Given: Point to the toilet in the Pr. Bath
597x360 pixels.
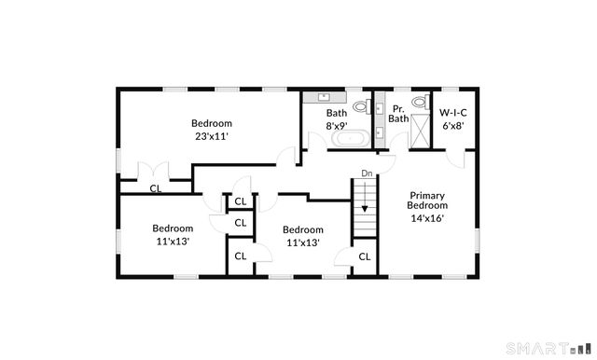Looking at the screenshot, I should (418, 103).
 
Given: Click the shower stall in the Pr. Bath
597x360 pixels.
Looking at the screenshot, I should (422, 132).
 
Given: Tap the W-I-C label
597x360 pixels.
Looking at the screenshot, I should (453, 112).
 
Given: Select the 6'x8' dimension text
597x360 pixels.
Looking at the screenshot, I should (453, 125).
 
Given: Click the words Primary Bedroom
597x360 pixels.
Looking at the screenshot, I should (428, 200).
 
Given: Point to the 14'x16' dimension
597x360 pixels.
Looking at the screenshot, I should (427, 218).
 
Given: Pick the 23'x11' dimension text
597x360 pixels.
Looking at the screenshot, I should (212, 136).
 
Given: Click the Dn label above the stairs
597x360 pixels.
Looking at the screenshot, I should (367, 173).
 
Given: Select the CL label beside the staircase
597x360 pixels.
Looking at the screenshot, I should (365, 256).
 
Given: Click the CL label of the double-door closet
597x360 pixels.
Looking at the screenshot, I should (156, 188).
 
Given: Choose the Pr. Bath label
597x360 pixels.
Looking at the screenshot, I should (398, 113).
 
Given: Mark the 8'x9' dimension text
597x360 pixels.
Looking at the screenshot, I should (337, 125).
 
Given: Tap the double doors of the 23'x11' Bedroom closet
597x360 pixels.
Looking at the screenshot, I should (152, 173).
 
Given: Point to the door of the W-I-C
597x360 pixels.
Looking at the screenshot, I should (456, 159).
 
